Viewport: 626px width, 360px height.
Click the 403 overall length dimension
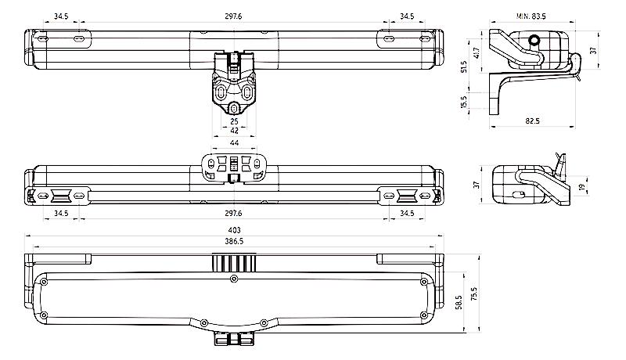pos(232,230)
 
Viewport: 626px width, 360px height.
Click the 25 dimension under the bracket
pos(232,122)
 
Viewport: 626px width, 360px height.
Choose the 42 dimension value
pos(232,132)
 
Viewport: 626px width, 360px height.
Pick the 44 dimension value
pos(232,144)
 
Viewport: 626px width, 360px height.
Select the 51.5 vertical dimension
pos(464,67)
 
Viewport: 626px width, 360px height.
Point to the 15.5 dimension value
pos(464,103)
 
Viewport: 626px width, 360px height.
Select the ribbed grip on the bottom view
pos(232,264)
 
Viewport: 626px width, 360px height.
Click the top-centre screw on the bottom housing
pos(232,278)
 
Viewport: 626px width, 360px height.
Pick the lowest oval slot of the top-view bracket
pos(232,107)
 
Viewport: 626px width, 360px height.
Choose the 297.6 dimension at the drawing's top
pos(232,16)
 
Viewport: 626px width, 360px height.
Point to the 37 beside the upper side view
pos(593,50)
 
